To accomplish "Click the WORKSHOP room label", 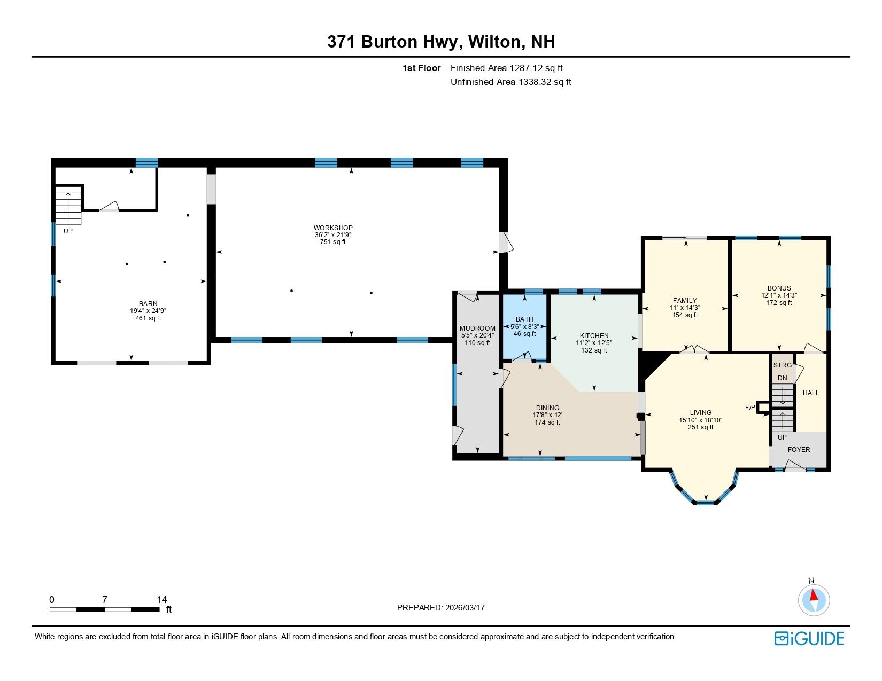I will click(x=333, y=228).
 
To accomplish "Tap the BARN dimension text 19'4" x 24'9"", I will click(x=148, y=311).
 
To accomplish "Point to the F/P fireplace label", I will click(x=750, y=408).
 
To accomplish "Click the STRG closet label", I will click(x=782, y=365).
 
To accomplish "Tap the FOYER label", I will click(x=799, y=450).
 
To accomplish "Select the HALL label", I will click(x=810, y=393).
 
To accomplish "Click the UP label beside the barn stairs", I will click(x=68, y=231).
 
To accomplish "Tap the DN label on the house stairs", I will click(x=782, y=378).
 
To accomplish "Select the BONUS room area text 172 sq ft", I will click(x=779, y=303).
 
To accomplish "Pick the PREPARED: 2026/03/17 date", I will click(x=440, y=608).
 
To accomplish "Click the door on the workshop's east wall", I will click(x=505, y=242).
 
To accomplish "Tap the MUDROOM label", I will click(x=477, y=328).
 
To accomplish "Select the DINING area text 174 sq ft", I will click(x=546, y=422).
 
